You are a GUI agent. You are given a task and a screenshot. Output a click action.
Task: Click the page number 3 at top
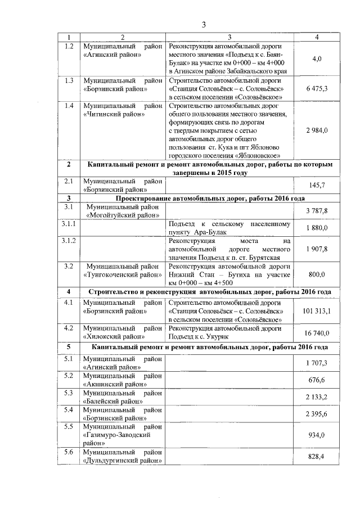(204, 24)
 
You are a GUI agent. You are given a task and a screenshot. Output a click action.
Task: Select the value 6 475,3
(317, 89)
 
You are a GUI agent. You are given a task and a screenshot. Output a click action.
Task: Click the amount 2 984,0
(317, 130)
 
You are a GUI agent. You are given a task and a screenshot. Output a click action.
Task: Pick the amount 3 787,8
(317, 210)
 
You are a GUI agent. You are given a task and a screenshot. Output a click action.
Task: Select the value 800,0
(317, 274)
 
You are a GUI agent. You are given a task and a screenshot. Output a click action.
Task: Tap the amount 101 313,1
(317, 310)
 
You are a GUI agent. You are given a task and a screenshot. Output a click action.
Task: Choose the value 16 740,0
(317, 333)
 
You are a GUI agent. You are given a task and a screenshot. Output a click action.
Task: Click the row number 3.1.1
(69, 224)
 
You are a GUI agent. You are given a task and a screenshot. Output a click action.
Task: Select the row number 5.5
(69, 426)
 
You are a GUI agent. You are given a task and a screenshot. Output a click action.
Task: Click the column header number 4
(317, 37)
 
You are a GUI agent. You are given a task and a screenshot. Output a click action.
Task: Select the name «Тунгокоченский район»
(121, 275)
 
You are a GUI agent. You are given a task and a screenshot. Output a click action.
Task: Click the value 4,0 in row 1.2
(317, 58)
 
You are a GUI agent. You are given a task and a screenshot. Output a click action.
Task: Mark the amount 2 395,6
(317, 414)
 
